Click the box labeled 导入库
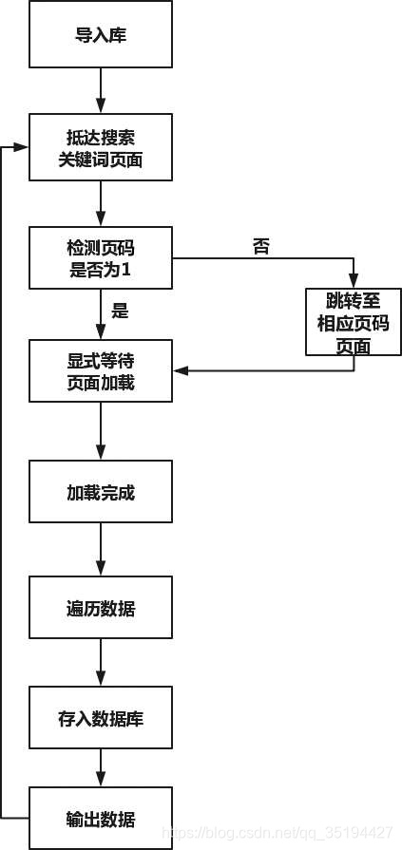101,35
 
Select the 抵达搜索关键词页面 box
101,147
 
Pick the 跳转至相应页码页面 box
353,323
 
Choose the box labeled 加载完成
101,492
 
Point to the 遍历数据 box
101,607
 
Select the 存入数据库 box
101,717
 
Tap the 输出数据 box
101,818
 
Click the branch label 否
260,247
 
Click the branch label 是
120,310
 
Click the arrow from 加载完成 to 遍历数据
101,549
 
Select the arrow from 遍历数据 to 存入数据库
101,661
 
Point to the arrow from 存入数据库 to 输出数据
101,767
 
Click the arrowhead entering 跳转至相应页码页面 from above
353,282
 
